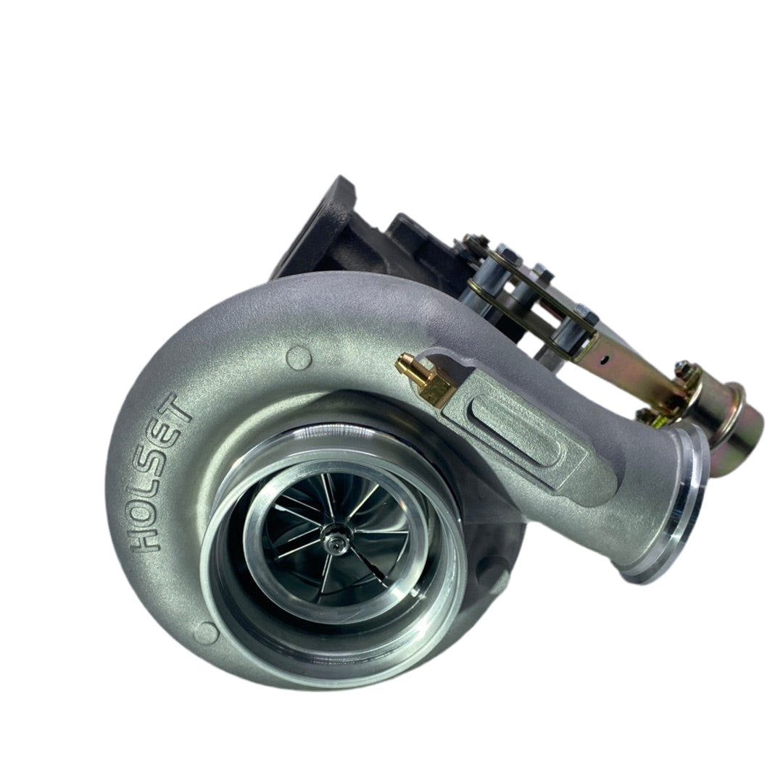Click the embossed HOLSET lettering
(159, 472)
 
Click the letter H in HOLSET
(145, 537)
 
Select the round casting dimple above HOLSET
(299, 358)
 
